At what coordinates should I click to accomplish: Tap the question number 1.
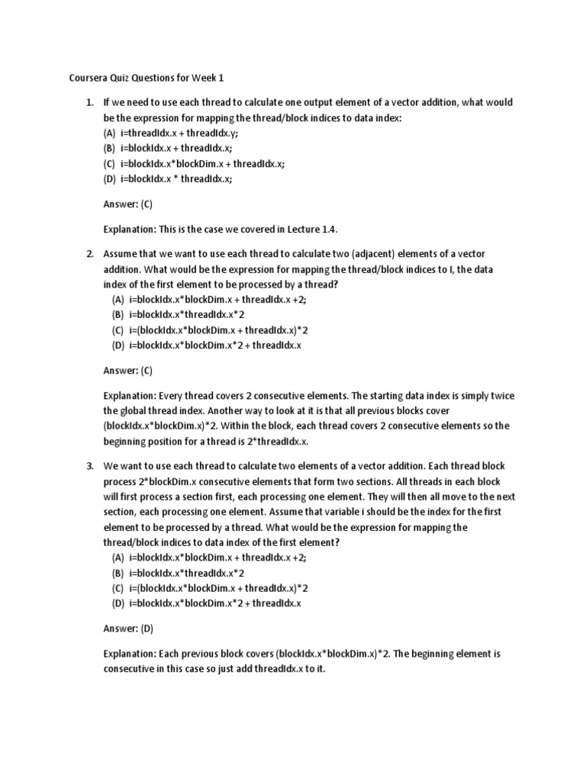pyautogui.click(x=89, y=102)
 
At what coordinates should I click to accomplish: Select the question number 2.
pyautogui.click(x=89, y=252)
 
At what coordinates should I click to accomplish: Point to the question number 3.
pyautogui.click(x=89, y=465)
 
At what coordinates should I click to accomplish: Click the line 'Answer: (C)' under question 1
pyautogui.click(x=128, y=204)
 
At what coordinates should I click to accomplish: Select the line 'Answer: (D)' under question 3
pyautogui.click(x=128, y=628)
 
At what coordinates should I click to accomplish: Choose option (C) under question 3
pyautogui.click(x=211, y=588)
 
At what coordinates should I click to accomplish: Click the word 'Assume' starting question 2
pyautogui.click(x=121, y=252)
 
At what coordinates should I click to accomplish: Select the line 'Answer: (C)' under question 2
pyautogui.click(x=128, y=371)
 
